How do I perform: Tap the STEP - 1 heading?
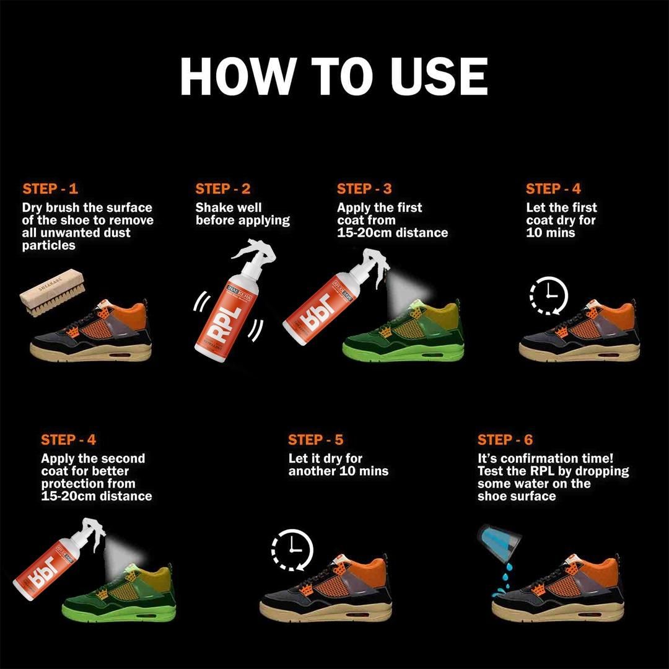click(x=50, y=189)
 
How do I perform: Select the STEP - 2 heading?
click(x=223, y=189)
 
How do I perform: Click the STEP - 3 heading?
click(x=364, y=189)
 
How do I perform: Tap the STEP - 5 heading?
click(x=315, y=440)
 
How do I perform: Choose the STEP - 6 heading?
click(x=505, y=440)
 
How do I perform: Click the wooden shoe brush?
click(x=51, y=291)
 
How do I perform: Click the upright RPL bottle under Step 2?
click(x=226, y=304)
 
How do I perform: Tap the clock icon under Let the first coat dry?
click(x=549, y=295)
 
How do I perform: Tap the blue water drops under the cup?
click(x=502, y=579)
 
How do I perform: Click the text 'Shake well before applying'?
click(x=242, y=214)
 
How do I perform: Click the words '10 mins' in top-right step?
click(x=551, y=233)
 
